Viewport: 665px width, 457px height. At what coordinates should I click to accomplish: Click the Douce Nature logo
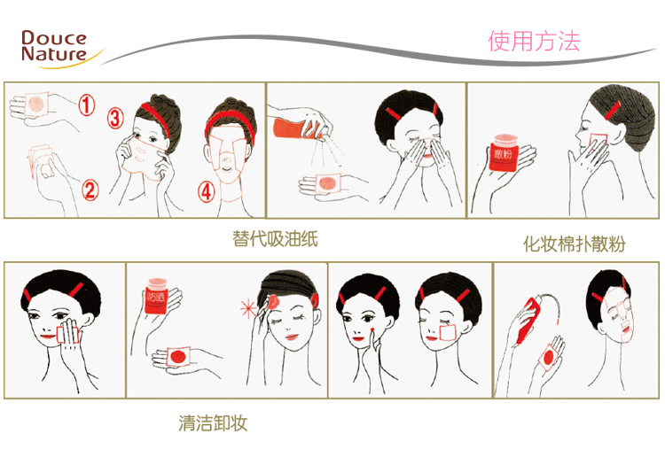pos(55,45)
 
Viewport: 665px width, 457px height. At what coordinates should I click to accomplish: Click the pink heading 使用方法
pos(534,41)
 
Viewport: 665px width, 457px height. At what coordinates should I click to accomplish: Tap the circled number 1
pos(85,105)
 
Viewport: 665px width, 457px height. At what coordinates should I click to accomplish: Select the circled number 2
pos(89,189)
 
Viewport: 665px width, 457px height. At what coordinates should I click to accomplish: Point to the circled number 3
pos(115,118)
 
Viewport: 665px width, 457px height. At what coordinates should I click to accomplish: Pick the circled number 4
pos(206,192)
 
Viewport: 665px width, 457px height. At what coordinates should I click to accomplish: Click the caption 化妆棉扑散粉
pos(574,244)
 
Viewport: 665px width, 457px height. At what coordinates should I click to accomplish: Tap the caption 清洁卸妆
pos(213,422)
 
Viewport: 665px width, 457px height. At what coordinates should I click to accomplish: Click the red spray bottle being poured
pos(295,126)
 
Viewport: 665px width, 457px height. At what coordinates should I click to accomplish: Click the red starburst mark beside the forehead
pos(247,308)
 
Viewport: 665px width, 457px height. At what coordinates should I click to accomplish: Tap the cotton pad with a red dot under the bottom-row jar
pos(177,356)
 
